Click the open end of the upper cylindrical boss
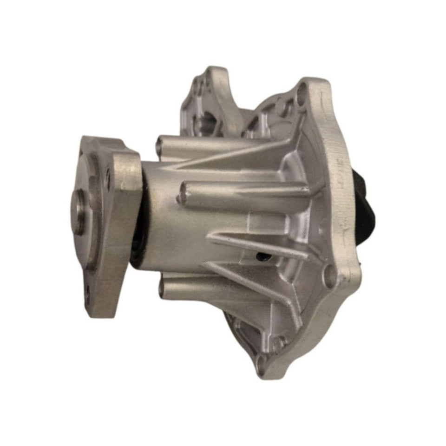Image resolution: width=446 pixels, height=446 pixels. [x=161, y=142]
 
